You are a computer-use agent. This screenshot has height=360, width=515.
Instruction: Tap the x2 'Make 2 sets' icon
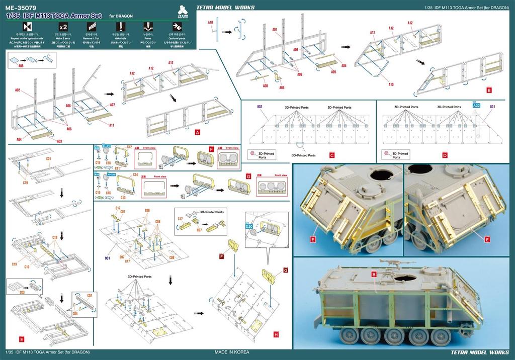pos(63,26)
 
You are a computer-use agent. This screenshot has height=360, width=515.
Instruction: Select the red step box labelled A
pos(198,132)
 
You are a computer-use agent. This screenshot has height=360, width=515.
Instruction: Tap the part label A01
pos(275,30)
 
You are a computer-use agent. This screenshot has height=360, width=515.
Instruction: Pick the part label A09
pos(282,88)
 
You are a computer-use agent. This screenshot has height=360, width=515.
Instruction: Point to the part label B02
pos(260,107)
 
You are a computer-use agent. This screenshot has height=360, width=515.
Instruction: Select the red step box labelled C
pos(331,155)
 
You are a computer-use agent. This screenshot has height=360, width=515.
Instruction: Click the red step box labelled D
pos(445,155)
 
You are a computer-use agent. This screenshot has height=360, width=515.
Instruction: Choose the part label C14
pos(135,174)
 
